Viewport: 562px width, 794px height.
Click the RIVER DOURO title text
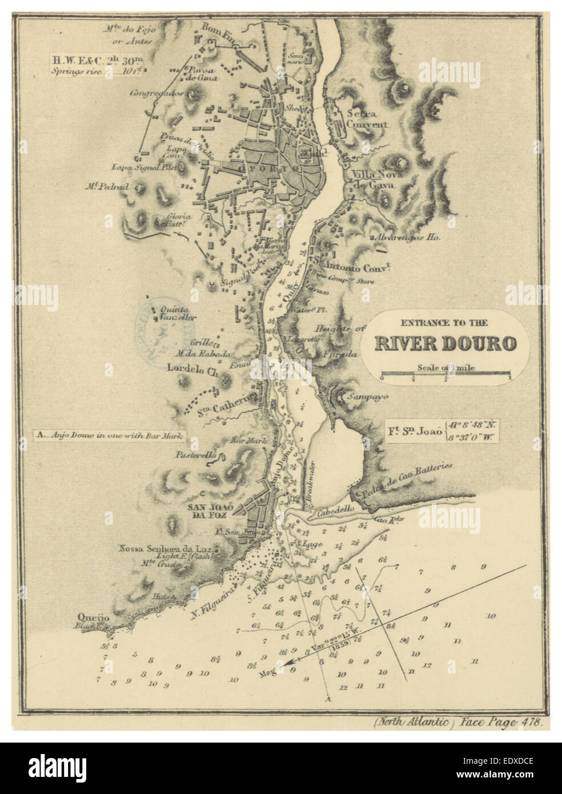[445, 343]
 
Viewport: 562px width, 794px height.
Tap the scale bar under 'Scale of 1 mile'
[445, 375]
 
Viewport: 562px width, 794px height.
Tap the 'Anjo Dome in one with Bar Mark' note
[109, 436]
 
